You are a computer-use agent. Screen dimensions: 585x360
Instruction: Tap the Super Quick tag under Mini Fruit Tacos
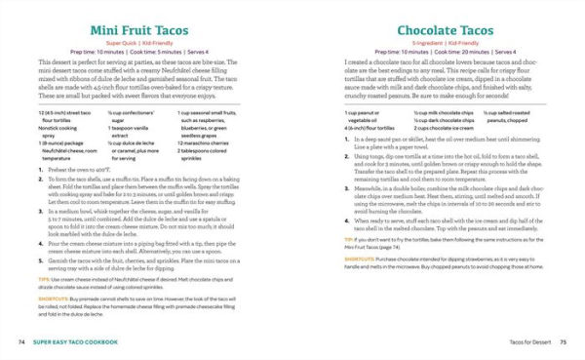click(x=132, y=46)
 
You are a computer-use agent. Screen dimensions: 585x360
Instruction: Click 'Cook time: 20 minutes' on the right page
click(x=437, y=55)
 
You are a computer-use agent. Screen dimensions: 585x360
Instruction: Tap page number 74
click(x=21, y=341)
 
